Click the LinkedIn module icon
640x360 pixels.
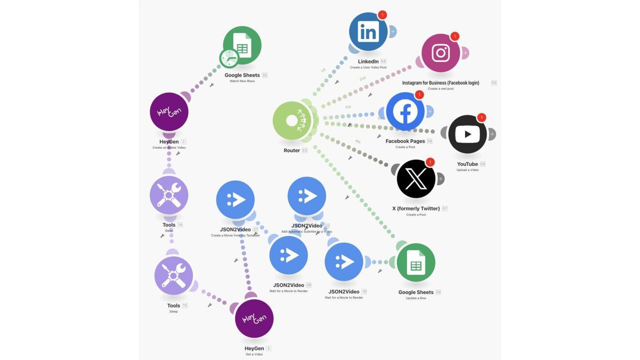(x=368, y=32)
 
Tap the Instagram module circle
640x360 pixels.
(x=441, y=53)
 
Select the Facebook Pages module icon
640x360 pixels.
(x=405, y=112)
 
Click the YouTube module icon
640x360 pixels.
(x=467, y=134)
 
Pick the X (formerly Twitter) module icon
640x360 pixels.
(x=416, y=179)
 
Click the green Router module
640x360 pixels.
(x=292, y=121)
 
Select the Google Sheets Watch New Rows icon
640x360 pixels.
(x=242, y=46)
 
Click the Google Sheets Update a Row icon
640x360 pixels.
(x=416, y=263)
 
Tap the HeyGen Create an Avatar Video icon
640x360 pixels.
(x=169, y=112)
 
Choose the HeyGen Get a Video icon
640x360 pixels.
(x=254, y=318)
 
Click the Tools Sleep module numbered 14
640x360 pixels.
(x=169, y=195)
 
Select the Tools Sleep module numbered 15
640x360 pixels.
(x=174, y=276)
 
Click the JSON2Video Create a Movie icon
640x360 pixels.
(x=235, y=200)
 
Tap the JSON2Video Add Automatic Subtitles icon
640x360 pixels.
(x=307, y=196)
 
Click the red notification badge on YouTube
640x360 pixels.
(x=481, y=117)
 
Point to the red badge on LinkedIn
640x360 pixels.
(x=382, y=15)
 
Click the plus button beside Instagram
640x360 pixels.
(x=465, y=53)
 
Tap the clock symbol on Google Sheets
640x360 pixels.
(x=229, y=58)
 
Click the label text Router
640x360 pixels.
(x=292, y=151)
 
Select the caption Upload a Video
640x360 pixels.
(x=467, y=170)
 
